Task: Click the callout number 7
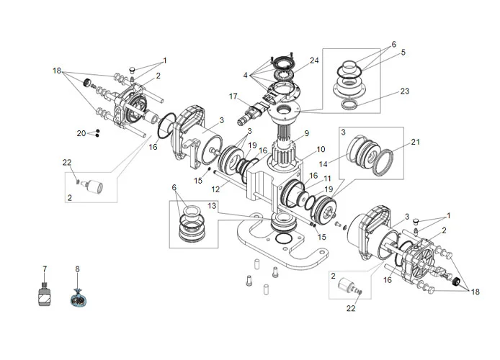tap(45, 269)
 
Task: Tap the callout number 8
tap(77, 269)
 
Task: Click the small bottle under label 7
tap(45, 294)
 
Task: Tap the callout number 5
tap(403, 53)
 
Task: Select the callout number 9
tap(306, 132)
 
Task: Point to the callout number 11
tap(327, 178)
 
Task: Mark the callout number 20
tap(81, 133)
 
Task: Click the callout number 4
tap(246, 75)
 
